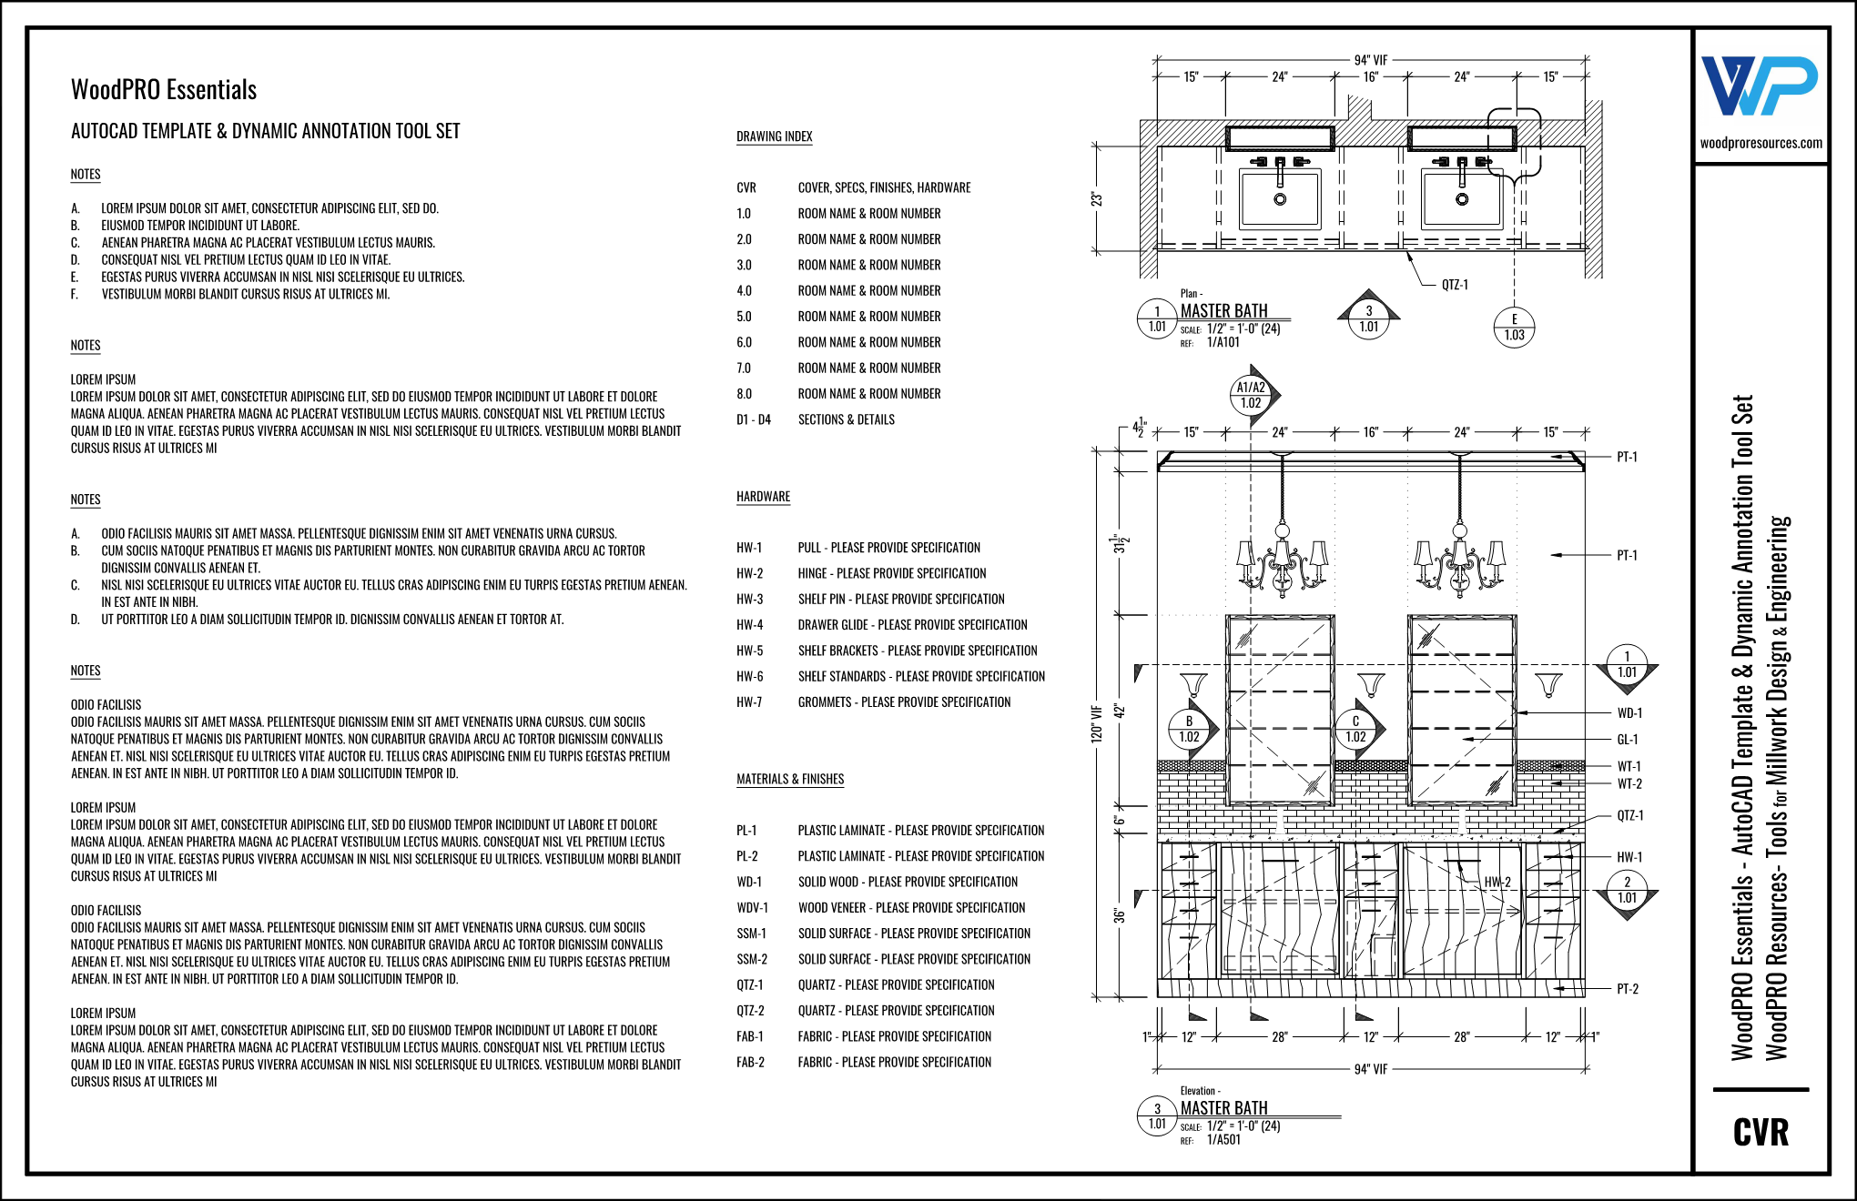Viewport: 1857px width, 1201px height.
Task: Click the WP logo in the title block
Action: point(1759,86)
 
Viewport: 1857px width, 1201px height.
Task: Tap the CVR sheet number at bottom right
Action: point(1761,1133)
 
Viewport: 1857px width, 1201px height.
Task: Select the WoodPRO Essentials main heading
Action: point(164,90)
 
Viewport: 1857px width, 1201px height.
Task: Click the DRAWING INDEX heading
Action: point(774,136)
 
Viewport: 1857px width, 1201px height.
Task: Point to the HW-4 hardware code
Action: point(749,625)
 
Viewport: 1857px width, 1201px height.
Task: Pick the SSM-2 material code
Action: point(751,959)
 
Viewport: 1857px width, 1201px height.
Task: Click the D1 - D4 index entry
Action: point(753,419)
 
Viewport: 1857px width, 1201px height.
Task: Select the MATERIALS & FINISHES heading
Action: point(789,779)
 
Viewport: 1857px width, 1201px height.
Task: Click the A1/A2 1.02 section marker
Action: point(1251,395)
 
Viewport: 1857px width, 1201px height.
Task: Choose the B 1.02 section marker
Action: point(1189,730)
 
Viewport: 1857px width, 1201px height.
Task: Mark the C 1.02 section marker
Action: point(1355,730)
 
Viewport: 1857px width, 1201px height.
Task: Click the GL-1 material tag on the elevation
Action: point(1627,740)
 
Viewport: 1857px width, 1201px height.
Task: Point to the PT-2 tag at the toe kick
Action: point(1627,989)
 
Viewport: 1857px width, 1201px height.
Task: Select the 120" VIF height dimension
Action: point(1097,723)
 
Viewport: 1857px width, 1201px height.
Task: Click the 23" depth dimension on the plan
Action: point(1097,198)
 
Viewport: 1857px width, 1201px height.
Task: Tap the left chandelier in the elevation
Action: point(1283,560)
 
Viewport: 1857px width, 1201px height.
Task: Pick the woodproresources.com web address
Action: point(1761,143)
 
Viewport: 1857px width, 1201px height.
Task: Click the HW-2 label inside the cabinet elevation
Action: point(1497,882)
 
